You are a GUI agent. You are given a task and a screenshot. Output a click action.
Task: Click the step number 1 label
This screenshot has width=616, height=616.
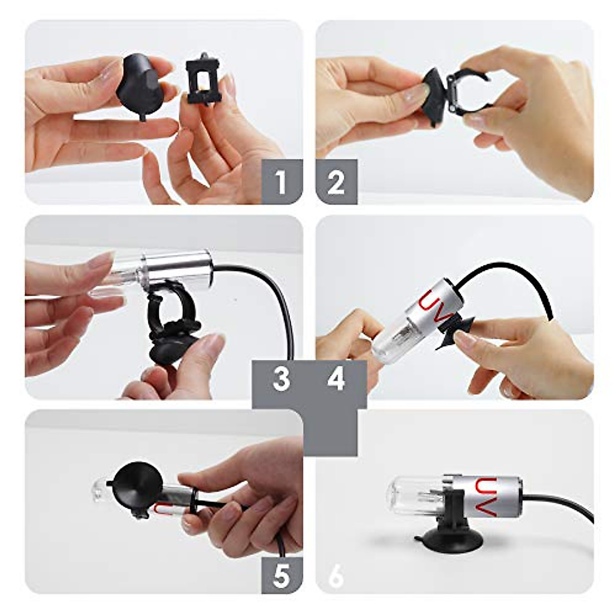pyautogui.click(x=281, y=182)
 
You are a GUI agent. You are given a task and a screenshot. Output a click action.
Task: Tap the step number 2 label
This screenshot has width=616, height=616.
pyautogui.click(x=336, y=182)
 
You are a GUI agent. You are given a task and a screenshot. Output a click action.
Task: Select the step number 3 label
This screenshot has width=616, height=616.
pyautogui.click(x=281, y=379)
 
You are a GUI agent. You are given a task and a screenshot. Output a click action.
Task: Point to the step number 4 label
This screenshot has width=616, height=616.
pyautogui.click(x=336, y=379)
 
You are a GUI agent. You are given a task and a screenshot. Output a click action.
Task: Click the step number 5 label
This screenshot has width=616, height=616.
pyautogui.click(x=281, y=575)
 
